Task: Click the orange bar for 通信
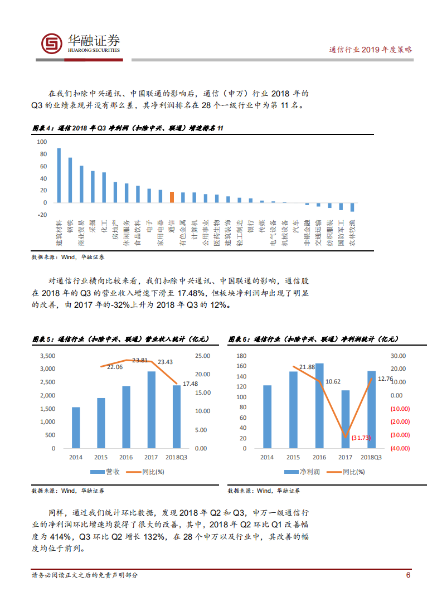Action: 172,196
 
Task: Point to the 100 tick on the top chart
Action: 42,142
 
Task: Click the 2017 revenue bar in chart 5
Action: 151,409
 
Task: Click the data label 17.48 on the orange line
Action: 191,384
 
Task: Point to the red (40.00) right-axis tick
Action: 400,448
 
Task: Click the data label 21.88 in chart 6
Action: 307,367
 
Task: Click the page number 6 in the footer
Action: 408,575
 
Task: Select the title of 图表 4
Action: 127,128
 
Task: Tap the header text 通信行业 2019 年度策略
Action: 371,50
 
